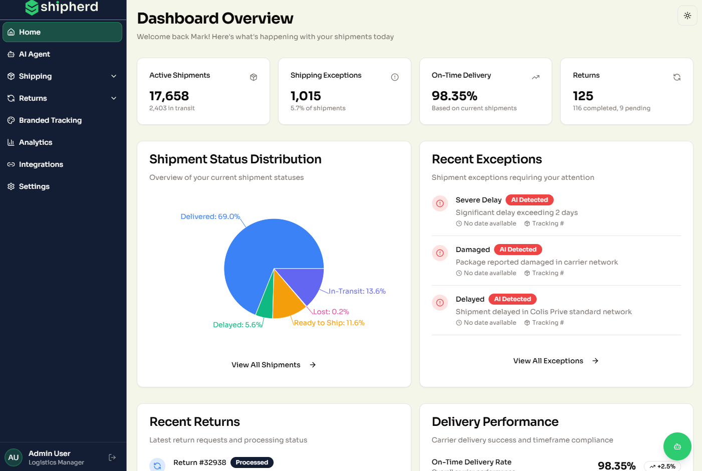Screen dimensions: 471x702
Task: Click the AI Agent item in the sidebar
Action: click(x=34, y=54)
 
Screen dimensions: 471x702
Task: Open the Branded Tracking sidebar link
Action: click(x=50, y=120)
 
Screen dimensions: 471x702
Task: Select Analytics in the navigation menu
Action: click(x=35, y=142)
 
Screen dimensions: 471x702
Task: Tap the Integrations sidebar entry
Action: click(x=41, y=164)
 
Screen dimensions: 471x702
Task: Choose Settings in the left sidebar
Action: click(x=34, y=186)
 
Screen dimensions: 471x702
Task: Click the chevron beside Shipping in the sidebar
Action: click(x=114, y=76)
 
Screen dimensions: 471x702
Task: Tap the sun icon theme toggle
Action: click(x=687, y=16)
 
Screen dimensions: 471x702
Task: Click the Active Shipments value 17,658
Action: click(x=169, y=96)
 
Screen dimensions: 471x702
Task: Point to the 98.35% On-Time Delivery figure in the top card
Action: click(x=454, y=96)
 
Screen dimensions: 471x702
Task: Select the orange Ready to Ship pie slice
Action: click(x=287, y=300)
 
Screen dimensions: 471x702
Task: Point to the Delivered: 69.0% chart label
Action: click(x=210, y=216)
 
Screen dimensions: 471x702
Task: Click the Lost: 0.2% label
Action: click(x=331, y=312)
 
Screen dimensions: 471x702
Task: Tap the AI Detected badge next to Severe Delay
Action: click(x=529, y=200)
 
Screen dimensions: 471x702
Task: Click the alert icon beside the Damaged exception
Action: click(x=440, y=253)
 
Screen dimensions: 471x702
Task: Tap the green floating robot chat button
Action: click(x=677, y=446)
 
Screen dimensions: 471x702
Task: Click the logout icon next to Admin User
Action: click(x=112, y=457)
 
